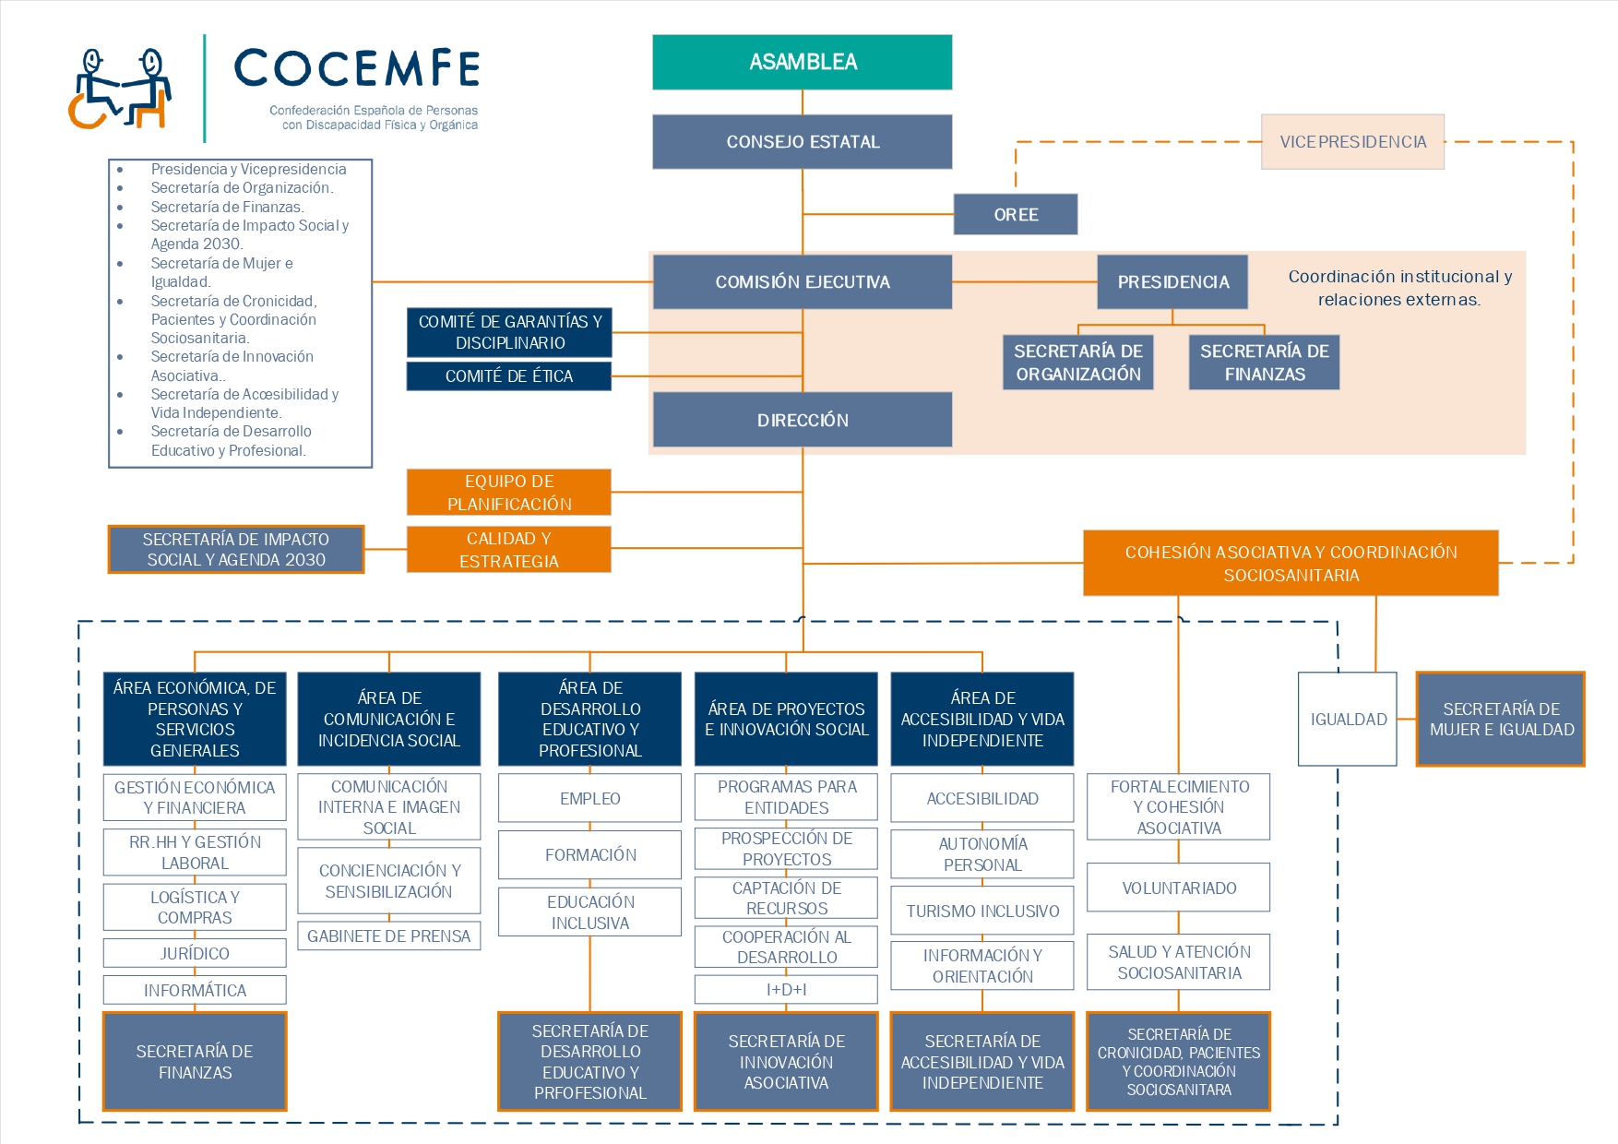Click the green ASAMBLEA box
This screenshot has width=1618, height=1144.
point(802,62)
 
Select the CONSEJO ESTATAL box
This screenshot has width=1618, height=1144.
point(802,141)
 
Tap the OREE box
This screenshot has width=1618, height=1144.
point(1015,214)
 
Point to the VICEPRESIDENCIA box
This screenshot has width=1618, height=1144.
point(1352,141)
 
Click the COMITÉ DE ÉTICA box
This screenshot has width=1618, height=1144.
point(508,375)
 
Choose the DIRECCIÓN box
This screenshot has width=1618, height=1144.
point(802,420)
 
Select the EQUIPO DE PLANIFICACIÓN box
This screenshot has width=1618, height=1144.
point(508,492)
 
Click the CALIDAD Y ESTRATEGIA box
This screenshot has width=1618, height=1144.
point(508,549)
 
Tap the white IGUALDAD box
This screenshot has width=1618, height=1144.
point(1348,719)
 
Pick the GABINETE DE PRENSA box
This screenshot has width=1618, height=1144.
point(388,935)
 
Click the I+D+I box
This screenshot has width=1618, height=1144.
point(786,989)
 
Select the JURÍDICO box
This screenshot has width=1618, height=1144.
point(195,953)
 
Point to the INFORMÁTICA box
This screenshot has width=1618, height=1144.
point(195,990)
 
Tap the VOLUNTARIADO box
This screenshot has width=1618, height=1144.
point(1178,888)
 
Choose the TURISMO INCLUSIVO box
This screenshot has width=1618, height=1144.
point(982,911)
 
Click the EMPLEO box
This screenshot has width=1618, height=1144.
point(589,798)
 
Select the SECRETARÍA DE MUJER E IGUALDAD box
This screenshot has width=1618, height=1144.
point(1501,719)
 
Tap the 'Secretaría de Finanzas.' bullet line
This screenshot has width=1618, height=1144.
point(227,207)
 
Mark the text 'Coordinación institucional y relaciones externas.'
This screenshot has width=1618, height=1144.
point(1399,288)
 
